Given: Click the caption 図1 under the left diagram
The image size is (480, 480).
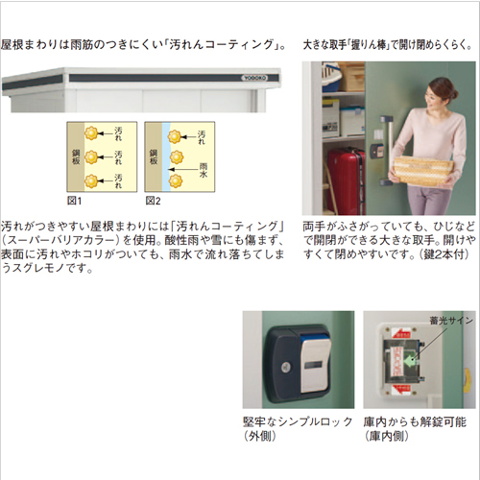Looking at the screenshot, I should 75,202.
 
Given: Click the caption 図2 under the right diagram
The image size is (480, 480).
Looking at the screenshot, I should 152,202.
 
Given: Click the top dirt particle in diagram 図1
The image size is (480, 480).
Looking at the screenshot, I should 90,133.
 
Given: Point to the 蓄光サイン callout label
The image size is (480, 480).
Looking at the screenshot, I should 452,322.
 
